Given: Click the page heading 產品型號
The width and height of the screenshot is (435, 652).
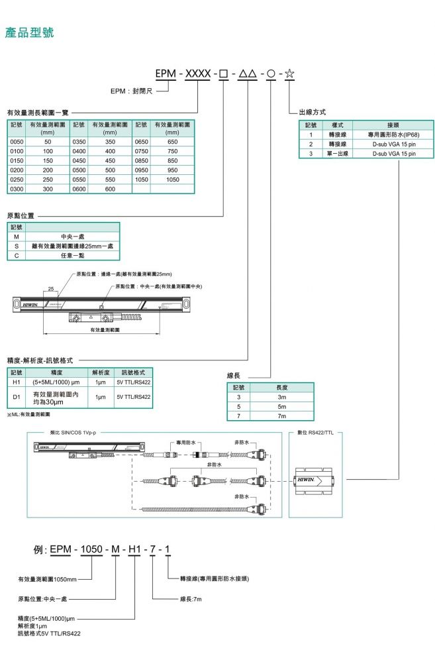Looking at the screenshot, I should click(30, 32).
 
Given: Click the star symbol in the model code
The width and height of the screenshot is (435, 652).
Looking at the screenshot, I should click(289, 73).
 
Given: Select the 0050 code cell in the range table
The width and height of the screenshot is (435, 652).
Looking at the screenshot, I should click(17, 142).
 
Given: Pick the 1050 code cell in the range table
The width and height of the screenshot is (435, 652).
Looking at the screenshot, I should click(142, 179).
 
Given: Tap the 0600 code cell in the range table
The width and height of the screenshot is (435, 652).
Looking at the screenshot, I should click(79, 188).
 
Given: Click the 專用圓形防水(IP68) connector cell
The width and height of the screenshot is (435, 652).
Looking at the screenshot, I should click(394, 135).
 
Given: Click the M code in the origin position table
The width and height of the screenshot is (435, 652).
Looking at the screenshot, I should click(17, 236).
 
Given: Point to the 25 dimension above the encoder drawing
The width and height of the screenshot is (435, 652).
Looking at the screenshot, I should click(51, 289).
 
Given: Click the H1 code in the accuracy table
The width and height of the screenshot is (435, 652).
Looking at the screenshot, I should click(17, 382).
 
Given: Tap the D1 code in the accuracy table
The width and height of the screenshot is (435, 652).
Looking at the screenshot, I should click(17, 397).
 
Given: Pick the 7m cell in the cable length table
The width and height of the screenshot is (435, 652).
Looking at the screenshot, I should click(281, 415).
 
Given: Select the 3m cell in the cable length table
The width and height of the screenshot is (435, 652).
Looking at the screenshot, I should click(281, 396).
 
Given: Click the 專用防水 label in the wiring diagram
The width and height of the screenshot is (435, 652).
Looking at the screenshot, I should click(179, 441).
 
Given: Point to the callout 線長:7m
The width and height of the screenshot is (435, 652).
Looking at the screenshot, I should click(191, 598).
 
